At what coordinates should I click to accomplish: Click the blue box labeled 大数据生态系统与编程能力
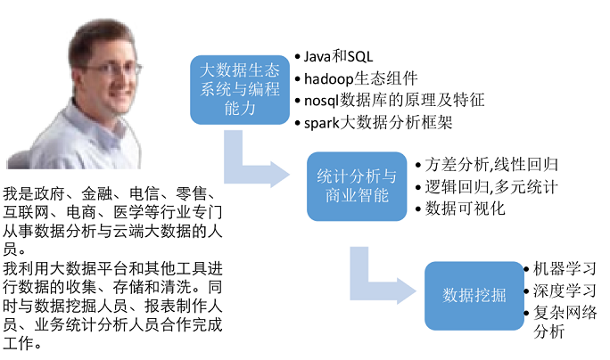pos(240,90)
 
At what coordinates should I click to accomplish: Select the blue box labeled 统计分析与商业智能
pos(357,186)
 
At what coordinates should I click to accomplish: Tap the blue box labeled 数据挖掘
pos(474,296)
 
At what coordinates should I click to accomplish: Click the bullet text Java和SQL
pos(338,57)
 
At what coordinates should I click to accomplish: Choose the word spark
pos(322,123)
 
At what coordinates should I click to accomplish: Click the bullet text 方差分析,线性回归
pos(491,165)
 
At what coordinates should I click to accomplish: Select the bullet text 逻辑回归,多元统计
pos(491,187)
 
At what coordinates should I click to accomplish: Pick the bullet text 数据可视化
pos(465,209)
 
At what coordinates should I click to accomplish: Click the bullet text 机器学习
pos(565,268)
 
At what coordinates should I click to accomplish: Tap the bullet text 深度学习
pos(565,290)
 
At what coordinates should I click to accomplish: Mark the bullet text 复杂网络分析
pos(565,322)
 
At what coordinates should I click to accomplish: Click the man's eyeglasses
pos(113,70)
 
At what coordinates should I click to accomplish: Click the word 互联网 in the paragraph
pos(26,212)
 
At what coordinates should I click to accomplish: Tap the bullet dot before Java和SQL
pos(298,57)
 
